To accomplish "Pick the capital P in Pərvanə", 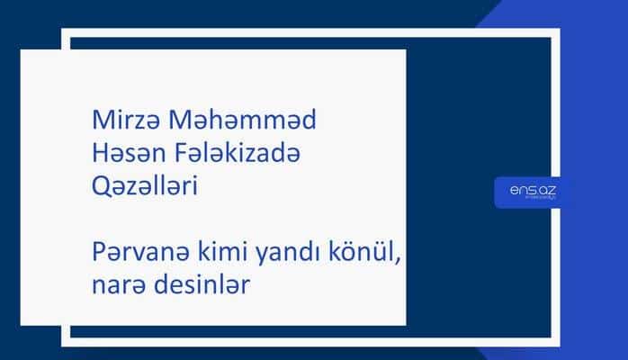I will (x=99, y=253).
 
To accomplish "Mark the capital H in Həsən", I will (x=102, y=154).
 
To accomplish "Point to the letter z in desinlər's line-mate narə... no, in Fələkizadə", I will (x=255, y=155).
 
